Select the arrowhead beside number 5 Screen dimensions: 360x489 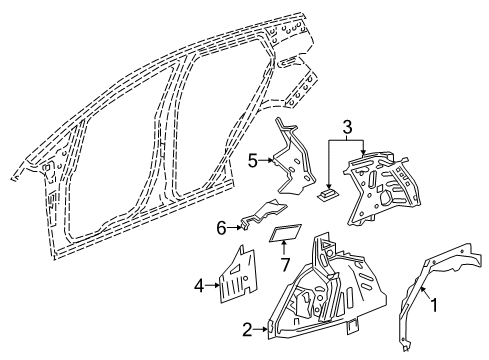(269, 158)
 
